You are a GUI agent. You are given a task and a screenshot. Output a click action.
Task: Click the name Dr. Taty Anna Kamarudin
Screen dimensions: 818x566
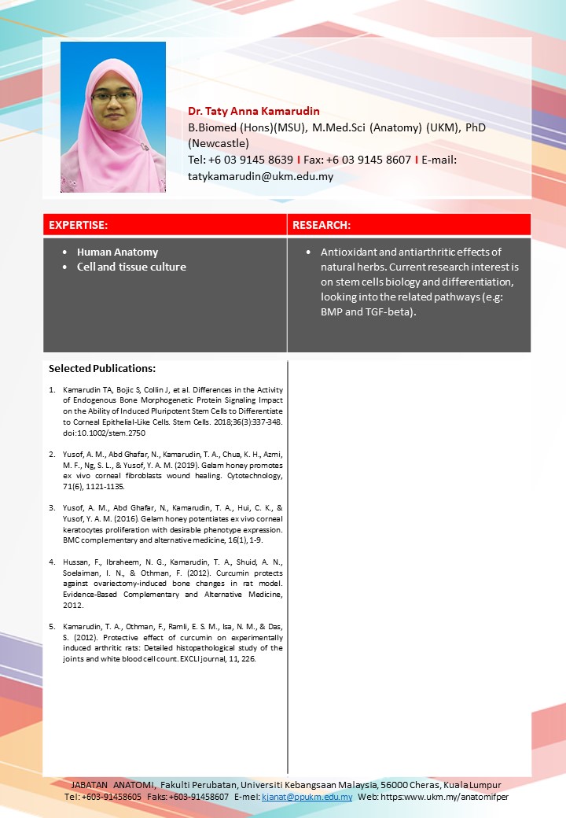(254, 111)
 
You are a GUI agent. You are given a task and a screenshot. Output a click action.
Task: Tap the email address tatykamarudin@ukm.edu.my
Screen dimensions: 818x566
(260, 176)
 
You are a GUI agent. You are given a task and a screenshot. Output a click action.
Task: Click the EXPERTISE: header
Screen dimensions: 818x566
(79, 225)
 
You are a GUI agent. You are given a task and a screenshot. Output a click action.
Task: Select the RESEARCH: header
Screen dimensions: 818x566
(321, 225)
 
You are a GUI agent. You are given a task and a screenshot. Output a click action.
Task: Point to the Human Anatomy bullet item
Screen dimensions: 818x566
(117, 252)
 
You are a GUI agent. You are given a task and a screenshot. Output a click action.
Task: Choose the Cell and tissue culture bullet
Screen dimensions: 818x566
(131, 267)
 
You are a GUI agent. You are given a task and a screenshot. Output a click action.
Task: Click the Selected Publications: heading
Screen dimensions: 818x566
(102, 368)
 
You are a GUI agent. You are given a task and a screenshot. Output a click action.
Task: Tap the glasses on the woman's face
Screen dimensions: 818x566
(113, 97)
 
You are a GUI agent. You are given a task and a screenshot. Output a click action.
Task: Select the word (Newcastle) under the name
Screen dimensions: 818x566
(219, 143)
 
